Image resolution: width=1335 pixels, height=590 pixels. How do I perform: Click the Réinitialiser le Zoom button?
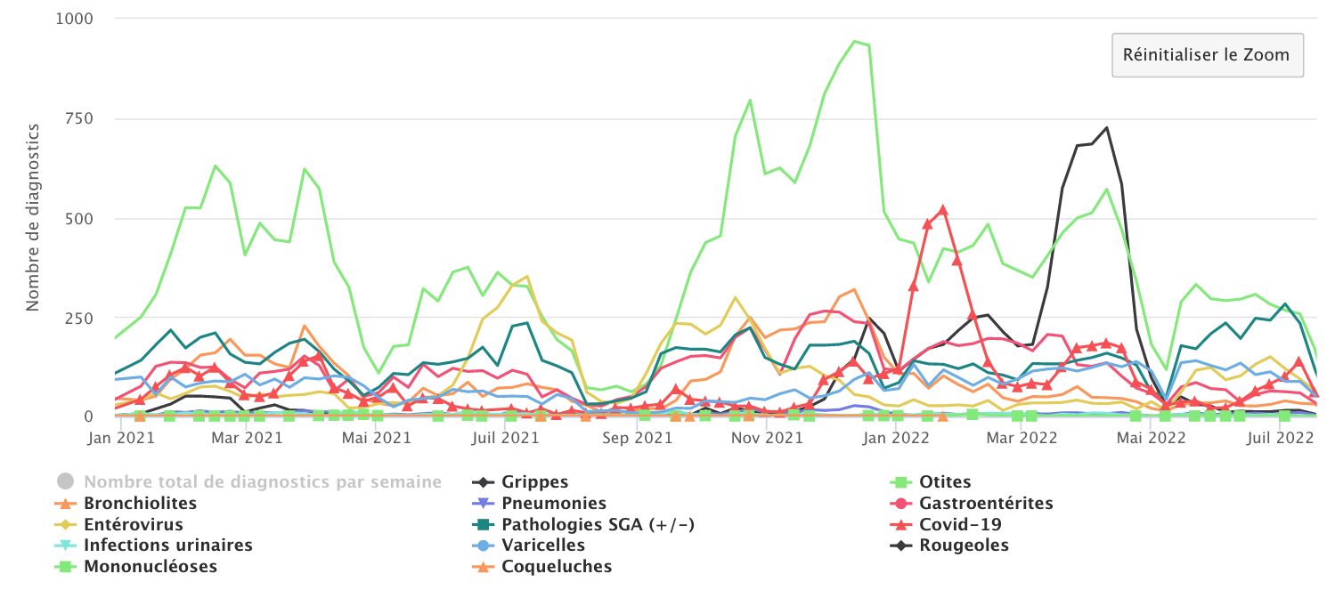click(x=1207, y=55)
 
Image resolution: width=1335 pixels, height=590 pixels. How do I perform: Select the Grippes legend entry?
click(x=534, y=482)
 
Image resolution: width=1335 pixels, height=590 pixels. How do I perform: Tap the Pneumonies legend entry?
click(x=554, y=504)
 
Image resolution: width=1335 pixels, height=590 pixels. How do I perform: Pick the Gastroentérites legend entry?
click(x=986, y=504)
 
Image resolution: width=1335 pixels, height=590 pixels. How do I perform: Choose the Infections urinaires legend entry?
click(x=168, y=546)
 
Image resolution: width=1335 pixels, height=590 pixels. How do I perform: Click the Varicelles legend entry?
click(x=543, y=546)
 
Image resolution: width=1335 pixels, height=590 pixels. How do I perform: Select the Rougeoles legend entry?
click(x=965, y=546)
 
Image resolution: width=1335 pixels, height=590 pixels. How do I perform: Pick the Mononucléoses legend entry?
click(x=151, y=567)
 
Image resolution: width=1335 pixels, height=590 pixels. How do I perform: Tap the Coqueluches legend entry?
click(x=557, y=567)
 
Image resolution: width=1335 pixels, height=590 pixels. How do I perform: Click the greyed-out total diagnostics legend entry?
click(x=263, y=482)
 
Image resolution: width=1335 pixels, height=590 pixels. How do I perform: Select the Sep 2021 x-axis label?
click(x=633, y=438)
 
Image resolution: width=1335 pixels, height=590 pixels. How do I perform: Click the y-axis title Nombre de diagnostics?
click(x=33, y=217)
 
